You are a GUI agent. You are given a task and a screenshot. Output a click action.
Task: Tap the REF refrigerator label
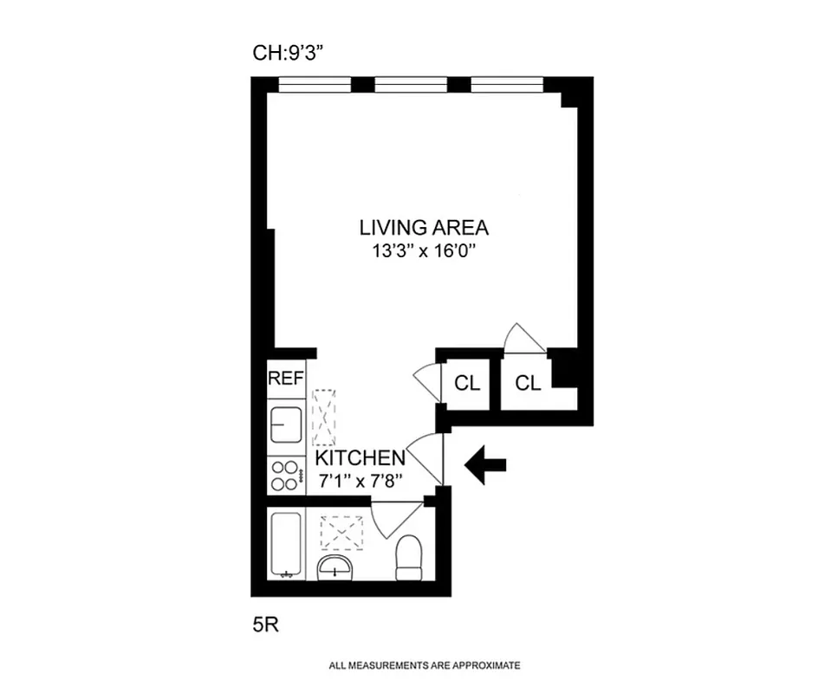285,379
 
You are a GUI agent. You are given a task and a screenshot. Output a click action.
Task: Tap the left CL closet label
467,384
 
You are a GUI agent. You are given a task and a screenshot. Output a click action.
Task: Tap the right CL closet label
528,384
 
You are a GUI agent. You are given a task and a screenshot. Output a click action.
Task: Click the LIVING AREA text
424,228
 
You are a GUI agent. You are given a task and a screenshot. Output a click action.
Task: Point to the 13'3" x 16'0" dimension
424,254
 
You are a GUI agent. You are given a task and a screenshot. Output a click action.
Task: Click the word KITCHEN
360,457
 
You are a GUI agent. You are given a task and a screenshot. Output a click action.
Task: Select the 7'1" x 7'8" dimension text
360,481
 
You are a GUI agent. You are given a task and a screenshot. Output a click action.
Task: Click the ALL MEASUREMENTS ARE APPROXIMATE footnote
424,666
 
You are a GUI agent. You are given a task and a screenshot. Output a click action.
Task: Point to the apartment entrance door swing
426,458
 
